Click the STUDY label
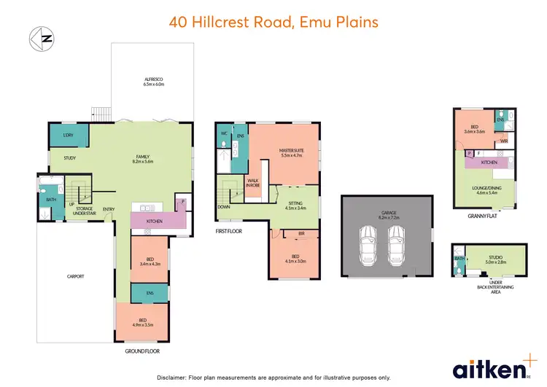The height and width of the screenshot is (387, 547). point(70,157)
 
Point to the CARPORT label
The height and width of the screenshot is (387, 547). point(75,276)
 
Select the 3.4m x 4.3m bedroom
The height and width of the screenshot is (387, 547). point(149,261)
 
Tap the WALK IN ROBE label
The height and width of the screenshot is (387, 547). point(253,183)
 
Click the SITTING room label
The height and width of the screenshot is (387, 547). point(295,206)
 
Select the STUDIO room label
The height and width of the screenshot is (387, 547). point(494,257)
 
